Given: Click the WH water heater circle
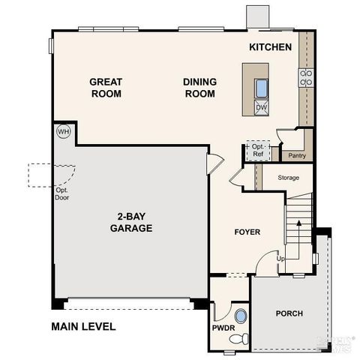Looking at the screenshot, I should [x=62, y=131].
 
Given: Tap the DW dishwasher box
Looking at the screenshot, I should [x=261, y=107].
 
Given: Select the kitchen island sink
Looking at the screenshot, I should [x=261, y=88].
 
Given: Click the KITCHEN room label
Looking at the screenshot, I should [x=270, y=47].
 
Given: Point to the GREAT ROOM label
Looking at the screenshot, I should [x=106, y=88].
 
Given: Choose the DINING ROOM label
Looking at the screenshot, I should [x=199, y=88].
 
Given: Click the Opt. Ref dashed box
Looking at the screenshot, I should [x=258, y=151].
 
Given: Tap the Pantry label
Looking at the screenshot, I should [x=296, y=156].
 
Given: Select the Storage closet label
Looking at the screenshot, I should [x=288, y=178].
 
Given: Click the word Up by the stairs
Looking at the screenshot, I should [x=282, y=258].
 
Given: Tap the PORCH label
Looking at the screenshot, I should [x=289, y=313].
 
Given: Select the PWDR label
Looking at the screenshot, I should [x=221, y=327].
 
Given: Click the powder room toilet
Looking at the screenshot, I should [x=237, y=338].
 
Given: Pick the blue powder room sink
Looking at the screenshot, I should [x=240, y=316].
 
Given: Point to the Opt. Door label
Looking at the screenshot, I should [x=61, y=193].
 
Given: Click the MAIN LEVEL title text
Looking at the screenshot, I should [x=83, y=326].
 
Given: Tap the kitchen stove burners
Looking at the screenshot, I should [x=305, y=78].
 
